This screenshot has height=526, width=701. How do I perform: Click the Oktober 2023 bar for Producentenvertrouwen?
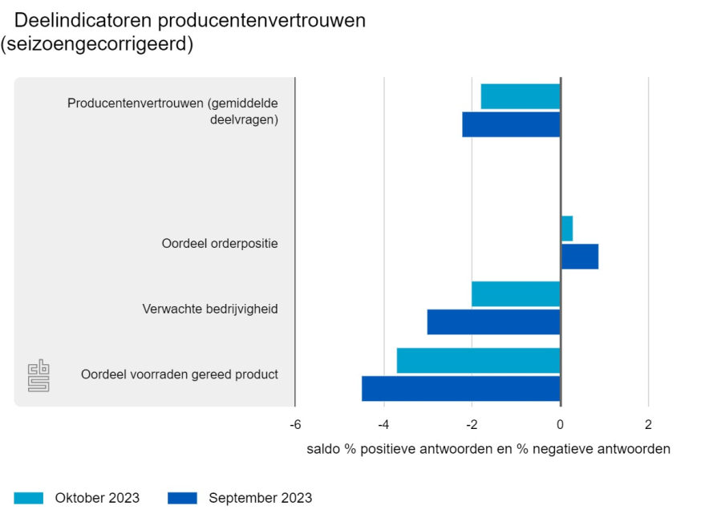(520, 96)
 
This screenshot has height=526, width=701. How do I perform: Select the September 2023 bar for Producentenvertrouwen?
(511, 124)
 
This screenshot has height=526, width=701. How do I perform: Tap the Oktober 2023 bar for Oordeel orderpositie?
(566, 229)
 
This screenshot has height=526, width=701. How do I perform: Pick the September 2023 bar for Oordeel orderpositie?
(579, 257)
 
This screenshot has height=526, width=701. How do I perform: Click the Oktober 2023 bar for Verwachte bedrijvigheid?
(516, 293)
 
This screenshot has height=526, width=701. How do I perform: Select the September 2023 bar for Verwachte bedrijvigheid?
(493, 322)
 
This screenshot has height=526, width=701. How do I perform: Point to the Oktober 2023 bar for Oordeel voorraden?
(478, 360)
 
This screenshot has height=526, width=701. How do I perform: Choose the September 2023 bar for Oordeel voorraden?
(460, 388)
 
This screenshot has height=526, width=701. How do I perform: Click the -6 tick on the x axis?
(295, 424)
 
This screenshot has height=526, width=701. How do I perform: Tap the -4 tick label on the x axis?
(383, 424)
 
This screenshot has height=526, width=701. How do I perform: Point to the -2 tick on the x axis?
(472, 424)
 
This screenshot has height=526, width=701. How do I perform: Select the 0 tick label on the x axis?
(560, 424)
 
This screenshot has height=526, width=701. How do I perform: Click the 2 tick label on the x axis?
(648, 424)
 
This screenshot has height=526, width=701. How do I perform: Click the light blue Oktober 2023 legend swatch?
(29, 498)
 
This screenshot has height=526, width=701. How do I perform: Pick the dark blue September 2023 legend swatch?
(182, 498)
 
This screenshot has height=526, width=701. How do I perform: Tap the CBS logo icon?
(38, 375)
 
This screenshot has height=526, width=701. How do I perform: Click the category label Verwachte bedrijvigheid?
(210, 309)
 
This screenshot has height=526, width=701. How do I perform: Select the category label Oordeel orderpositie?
(220, 243)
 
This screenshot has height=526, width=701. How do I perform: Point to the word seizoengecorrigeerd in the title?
(97, 45)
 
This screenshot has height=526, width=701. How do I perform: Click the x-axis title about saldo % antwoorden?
(488, 449)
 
